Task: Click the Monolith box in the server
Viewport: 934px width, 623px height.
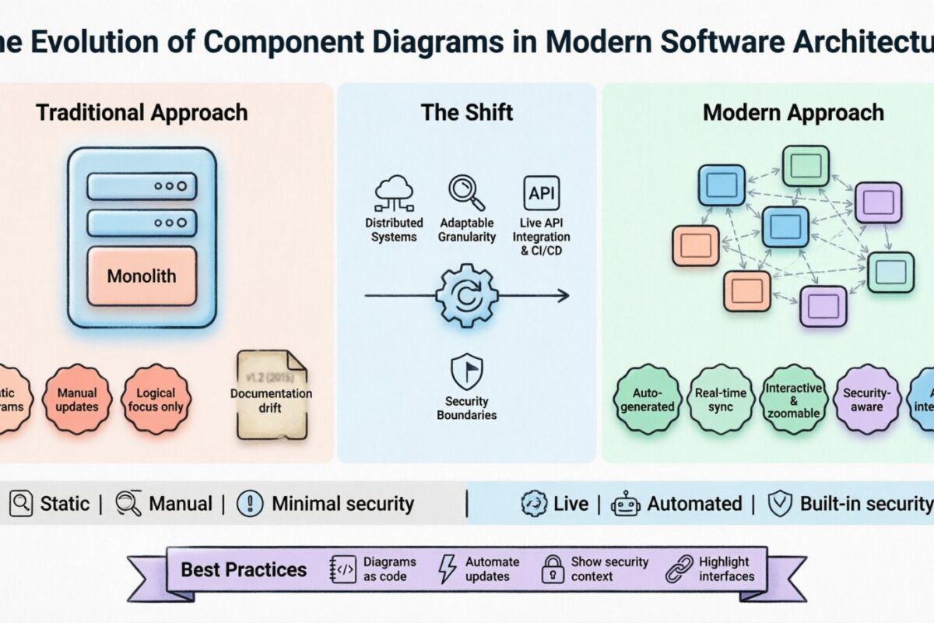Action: (x=142, y=276)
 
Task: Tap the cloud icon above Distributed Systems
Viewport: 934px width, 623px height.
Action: (x=393, y=194)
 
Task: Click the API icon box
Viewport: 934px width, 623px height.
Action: (x=541, y=193)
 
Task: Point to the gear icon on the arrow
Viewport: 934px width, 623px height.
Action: (x=465, y=296)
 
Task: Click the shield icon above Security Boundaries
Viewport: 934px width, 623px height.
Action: (x=466, y=371)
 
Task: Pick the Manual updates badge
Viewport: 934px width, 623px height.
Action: (x=78, y=399)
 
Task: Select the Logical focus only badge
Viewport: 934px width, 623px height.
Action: (x=156, y=399)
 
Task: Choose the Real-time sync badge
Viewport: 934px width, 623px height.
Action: (x=720, y=399)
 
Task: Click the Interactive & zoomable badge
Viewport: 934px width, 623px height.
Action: (x=793, y=399)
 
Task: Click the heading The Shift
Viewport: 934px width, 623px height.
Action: (x=466, y=112)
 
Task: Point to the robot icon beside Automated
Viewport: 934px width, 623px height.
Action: (x=625, y=504)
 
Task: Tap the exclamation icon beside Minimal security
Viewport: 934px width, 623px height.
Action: (x=250, y=504)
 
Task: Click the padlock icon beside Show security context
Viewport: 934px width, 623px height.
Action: (x=553, y=569)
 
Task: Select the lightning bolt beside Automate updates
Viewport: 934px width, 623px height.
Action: (x=448, y=569)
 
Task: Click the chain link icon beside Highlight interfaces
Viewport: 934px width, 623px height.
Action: (x=679, y=569)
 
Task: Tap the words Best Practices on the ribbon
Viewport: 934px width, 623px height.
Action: (x=244, y=569)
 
